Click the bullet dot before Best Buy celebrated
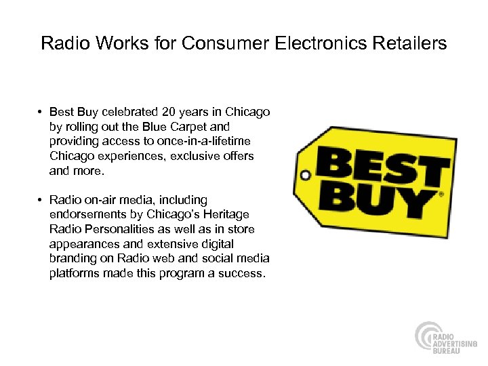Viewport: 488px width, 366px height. coord(41,112)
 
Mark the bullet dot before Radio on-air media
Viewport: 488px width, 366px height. coord(41,200)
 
